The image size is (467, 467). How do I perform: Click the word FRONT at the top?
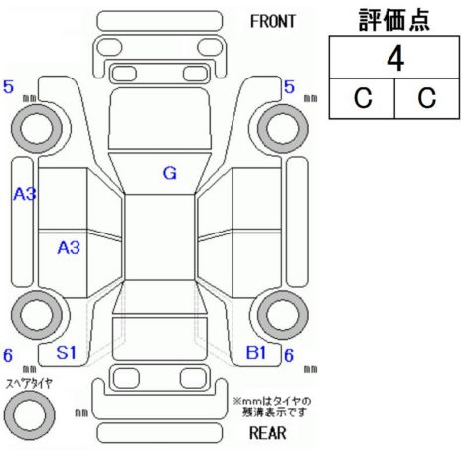point(272,22)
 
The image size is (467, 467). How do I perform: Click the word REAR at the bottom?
point(267,433)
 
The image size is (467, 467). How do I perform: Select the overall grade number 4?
point(395,59)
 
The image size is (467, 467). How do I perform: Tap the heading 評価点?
point(394,20)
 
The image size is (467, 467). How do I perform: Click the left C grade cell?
point(363,98)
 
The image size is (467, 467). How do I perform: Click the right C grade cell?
point(426,98)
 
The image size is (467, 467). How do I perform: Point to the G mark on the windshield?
point(170,173)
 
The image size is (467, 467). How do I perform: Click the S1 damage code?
point(67,352)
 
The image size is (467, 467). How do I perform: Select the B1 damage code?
point(256,352)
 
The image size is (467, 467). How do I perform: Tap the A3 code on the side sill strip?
point(25,194)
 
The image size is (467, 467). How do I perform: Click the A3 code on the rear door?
point(69,248)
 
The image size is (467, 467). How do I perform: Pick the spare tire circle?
point(29,414)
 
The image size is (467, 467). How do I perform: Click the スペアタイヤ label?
point(29,384)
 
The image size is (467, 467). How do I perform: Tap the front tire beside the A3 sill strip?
point(37,129)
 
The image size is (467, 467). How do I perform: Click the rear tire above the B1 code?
point(283,315)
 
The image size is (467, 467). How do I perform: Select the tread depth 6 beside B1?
point(289,355)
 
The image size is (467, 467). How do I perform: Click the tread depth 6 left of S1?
point(8,355)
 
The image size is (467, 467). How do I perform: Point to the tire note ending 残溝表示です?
point(272,407)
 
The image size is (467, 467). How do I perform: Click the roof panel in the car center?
point(160,237)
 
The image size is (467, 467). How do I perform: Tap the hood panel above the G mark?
point(160,118)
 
